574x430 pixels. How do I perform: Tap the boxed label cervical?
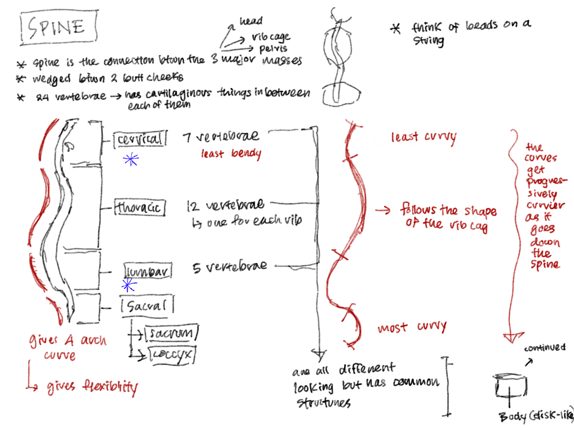[x=140, y=139]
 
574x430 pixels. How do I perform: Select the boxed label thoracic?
[x=140, y=207]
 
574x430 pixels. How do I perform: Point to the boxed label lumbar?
[x=147, y=271]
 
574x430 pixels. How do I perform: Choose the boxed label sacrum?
[x=171, y=333]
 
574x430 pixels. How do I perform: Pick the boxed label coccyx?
[x=171, y=354]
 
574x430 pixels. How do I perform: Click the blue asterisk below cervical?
[x=131, y=159]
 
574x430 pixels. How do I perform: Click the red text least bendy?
[x=231, y=154]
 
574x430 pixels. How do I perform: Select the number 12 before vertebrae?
[x=192, y=206]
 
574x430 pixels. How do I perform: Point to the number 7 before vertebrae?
[x=187, y=138]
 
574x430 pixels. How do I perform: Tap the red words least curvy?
[x=423, y=137]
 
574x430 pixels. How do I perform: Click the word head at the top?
[x=251, y=21]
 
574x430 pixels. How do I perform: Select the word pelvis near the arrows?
[x=273, y=48]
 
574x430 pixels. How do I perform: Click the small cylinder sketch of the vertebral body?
[x=510, y=386]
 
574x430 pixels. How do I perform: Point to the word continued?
[x=545, y=348]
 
